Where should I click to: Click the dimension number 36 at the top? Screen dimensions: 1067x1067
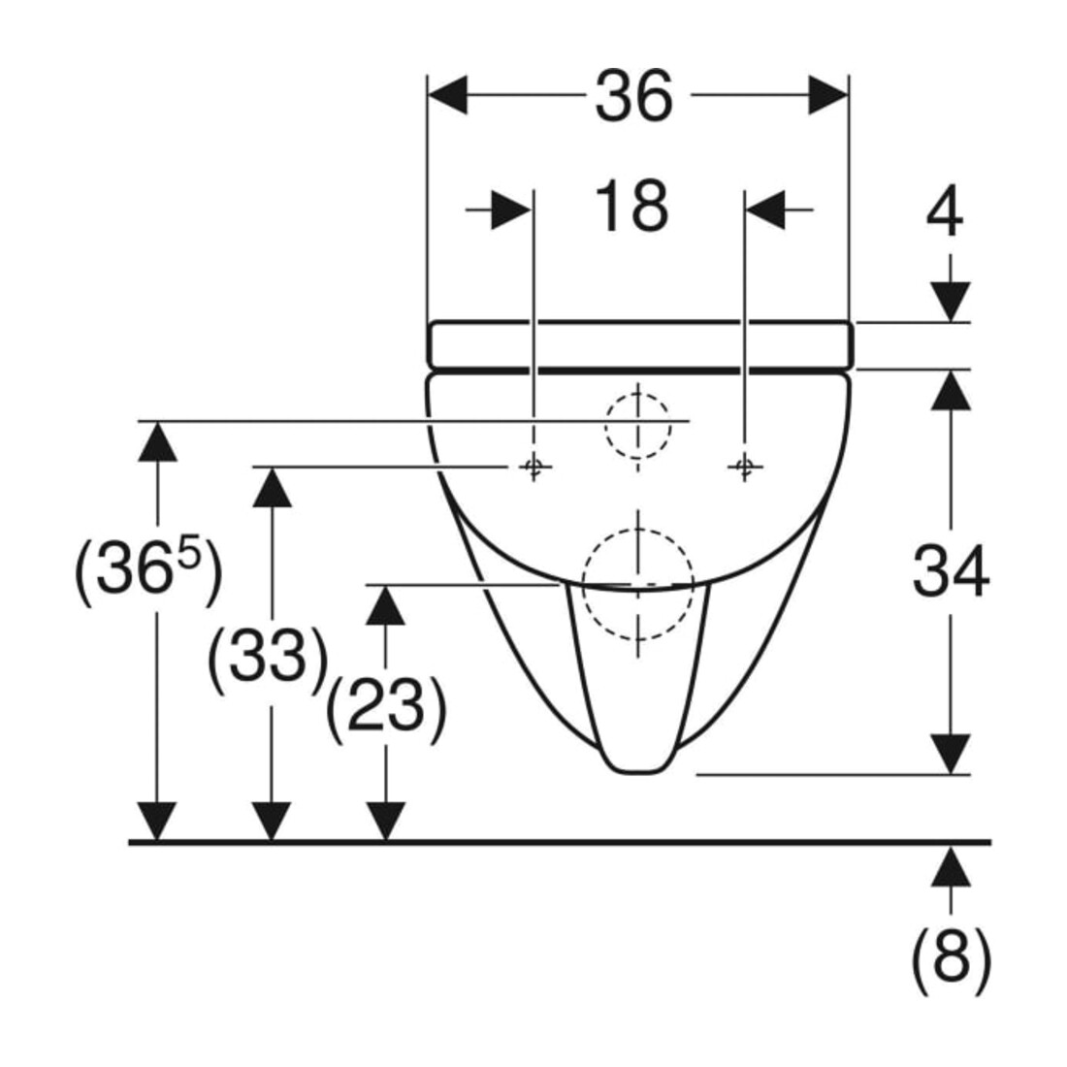[x=634, y=95]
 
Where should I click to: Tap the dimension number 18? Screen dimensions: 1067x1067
[x=631, y=207]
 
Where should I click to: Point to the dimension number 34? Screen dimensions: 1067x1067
[x=950, y=570]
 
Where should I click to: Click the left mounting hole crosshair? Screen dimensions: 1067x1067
[x=533, y=467]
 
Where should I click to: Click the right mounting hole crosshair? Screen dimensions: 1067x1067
[x=744, y=467]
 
